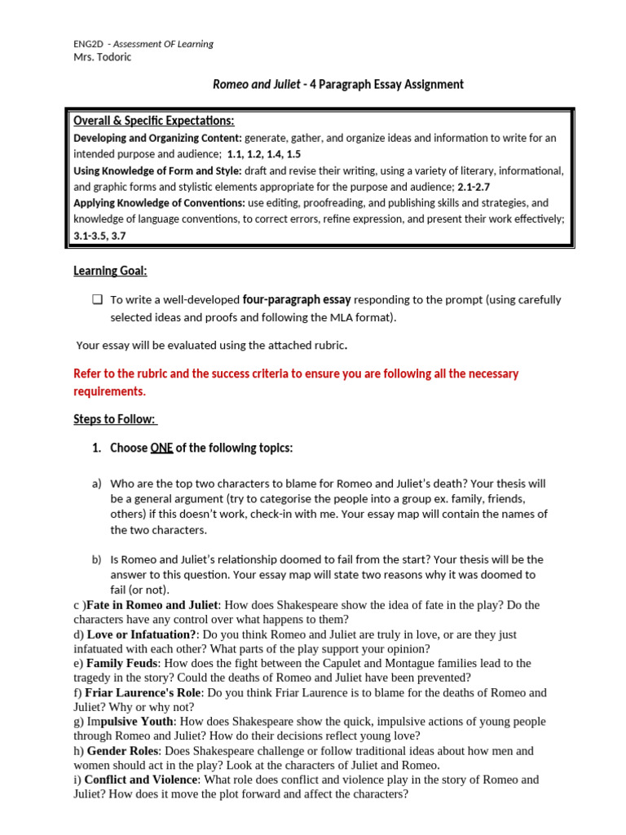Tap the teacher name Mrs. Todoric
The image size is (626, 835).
pyautogui.click(x=102, y=57)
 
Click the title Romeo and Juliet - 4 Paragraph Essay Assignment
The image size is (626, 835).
pyautogui.click(x=337, y=85)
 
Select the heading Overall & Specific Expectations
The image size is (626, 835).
pyautogui.click(x=154, y=121)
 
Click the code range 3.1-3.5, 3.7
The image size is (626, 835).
pyautogui.click(x=99, y=236)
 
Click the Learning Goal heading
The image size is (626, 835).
pyautogui.click(x=110, y=271)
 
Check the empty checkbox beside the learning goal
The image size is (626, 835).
pyautogui.click(x=97, y=300)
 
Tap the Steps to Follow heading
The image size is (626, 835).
pyautogui.click(x=114, y=419)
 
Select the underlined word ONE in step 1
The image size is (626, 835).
pyautogui.click(x=161, y=448)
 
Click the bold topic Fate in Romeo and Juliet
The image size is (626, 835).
pyautogui.click(x=152, y=605)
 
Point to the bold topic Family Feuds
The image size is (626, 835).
pyautogui.click(x=122, y=664)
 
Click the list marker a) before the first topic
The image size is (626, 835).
pyautogui.click(x=96, y=484)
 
